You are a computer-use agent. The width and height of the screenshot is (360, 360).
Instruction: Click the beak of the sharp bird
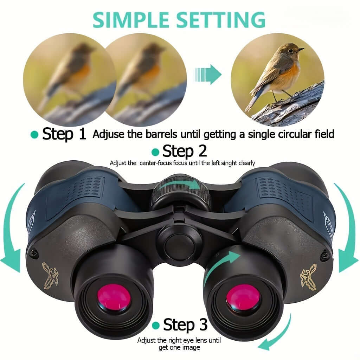coord(301,49)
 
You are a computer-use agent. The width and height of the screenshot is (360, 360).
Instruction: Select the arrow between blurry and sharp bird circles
coord(208,74)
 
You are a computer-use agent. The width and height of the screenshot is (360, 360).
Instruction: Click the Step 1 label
coord(64,134)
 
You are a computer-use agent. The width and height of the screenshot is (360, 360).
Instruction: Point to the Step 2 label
coord(185,152)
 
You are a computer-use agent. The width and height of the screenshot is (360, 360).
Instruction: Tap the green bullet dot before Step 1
coord(34,135)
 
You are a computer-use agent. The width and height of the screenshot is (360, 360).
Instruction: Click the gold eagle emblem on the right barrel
coord(308,276)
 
